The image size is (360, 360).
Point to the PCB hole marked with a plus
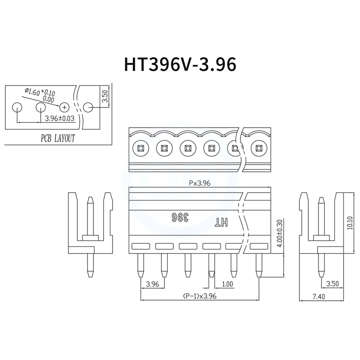pos(64,107)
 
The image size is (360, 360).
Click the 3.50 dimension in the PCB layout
pos(105,96)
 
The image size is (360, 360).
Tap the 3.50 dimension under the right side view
pos(332,284)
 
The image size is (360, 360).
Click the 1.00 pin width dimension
pos(227,284)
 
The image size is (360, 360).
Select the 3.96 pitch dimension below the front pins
pos(153,284)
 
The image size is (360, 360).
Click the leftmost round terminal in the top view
pos(140,148)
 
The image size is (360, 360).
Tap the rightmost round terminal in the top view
pos(258,148)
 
